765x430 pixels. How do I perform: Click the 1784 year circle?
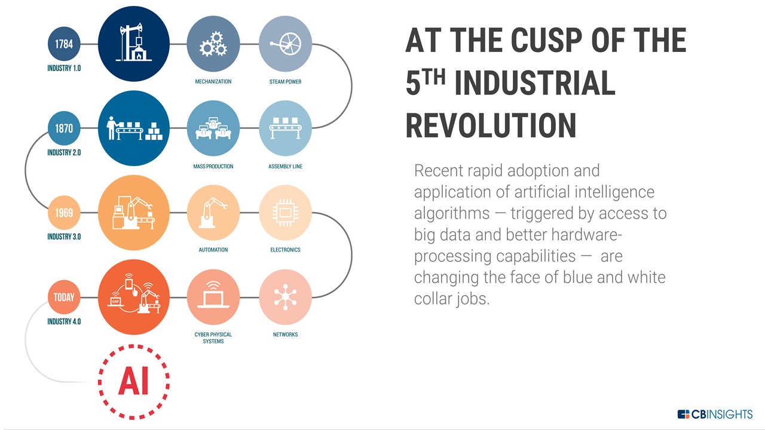[x=64, y=44]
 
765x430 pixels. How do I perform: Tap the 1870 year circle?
[x=64, y=128]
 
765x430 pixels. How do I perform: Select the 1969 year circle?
[x=64, y=213]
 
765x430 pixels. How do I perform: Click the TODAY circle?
[x=64, y=297]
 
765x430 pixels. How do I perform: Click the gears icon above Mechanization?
[x=213, y=44]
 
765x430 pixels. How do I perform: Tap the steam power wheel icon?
[x=286, y=44]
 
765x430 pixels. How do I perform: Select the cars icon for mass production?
[x=213, y=128]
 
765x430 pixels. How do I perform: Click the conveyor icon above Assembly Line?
[x=286, y=128]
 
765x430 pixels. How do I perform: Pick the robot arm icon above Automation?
[x=213, y=213]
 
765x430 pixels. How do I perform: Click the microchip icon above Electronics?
[x=286, y=213]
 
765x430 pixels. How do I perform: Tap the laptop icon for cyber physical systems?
[x=213, y=295]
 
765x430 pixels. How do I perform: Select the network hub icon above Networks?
[x=286, y=297]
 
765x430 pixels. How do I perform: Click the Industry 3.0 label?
[x=64, y=237]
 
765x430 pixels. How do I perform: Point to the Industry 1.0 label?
[x=64, y=68]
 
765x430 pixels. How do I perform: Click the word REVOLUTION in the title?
[x=491, y=125]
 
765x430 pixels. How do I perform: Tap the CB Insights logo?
[x=715, y=414]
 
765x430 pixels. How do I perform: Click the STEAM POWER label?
[x=286, y=82]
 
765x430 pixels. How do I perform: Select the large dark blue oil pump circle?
[x=133, y=44]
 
